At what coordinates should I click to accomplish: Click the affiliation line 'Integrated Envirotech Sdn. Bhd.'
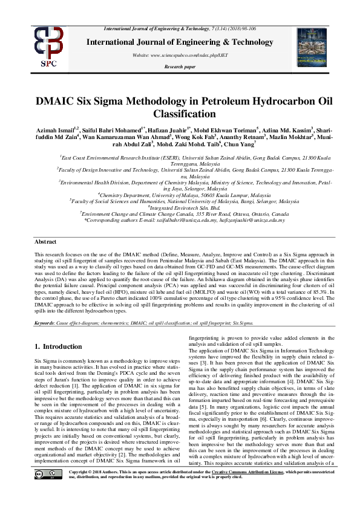pyautogui.click(x=179, y=207)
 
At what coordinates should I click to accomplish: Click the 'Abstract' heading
pyautogui.click(x=46, y=241)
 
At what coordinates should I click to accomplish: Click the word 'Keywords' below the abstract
pyautogui.click(x=44, y=323)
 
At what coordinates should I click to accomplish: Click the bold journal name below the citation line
pyautogui.click(x=179, y=42)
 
